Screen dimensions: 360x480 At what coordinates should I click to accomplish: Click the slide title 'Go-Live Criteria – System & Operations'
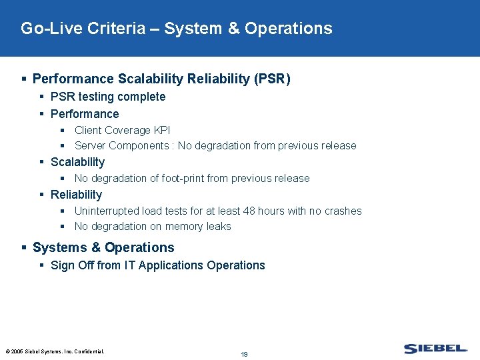pyautogui.click(x=176, y=29)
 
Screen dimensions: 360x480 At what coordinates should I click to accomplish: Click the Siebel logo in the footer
pyautogui.click(x=435, y=348)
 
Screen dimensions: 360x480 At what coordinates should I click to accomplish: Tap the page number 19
pyautogui.click(x=244, y=354)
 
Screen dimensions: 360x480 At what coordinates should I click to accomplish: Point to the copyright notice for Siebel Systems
pyautogui.click(x=55, y=351)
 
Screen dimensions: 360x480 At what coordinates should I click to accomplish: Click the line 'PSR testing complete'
pyautogui.click(x=108, y=97)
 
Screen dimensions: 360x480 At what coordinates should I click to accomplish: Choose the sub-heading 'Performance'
pyautogui.click(x=85, y=114)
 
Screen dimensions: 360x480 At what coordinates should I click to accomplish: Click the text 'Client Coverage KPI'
pyautogui.click(x=122, y=130)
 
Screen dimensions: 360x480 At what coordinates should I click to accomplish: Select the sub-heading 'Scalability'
pyautogui.click(x=77, y=162)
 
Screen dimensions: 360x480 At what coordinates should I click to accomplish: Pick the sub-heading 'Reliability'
pyautogui.click(x=76, y=195)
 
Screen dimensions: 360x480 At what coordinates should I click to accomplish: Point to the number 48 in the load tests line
pyautogui.click(x=248, y=211)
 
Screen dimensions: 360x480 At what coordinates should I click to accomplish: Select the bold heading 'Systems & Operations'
pyautogui.click(x=103, y=247)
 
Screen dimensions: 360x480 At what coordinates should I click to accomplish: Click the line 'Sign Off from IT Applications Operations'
pyautogui.click(x=157, y=265)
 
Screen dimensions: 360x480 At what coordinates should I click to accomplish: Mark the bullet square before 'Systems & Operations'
pyautogui.click(x=25, y=247)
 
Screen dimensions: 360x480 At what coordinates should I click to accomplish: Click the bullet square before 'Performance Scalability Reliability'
pyautogui.click(x=25, y=79)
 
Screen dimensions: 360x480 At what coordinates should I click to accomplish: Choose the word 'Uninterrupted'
pyautogui.click(x=107, y=211)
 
